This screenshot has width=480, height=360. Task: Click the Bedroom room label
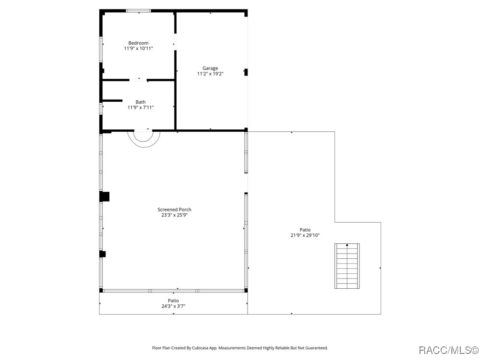coord(138,43)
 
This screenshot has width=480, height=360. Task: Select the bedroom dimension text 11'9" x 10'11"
coord(138,48)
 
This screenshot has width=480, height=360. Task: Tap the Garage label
coord(210,68)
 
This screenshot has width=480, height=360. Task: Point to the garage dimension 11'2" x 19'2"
coord(210,74)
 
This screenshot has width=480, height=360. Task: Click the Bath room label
coord(141,102)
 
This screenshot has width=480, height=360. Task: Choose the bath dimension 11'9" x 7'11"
coord(141,107)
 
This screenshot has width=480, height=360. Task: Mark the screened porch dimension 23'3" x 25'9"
coord(174,215)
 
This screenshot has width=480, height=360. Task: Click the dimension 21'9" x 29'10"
coord(305,235)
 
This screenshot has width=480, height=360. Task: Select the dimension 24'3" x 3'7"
coord(173,306)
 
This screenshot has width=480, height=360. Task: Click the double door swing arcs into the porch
coord(144,138)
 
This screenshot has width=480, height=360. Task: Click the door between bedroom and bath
coord(138,80)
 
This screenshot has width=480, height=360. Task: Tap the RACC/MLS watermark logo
coord(448,350)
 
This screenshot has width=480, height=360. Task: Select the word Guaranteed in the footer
coord(316,348)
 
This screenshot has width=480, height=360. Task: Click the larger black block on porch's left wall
coord(105,196)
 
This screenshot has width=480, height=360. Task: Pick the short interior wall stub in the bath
coord(112,100)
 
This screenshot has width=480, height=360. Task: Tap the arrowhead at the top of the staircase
coord(347,245)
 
